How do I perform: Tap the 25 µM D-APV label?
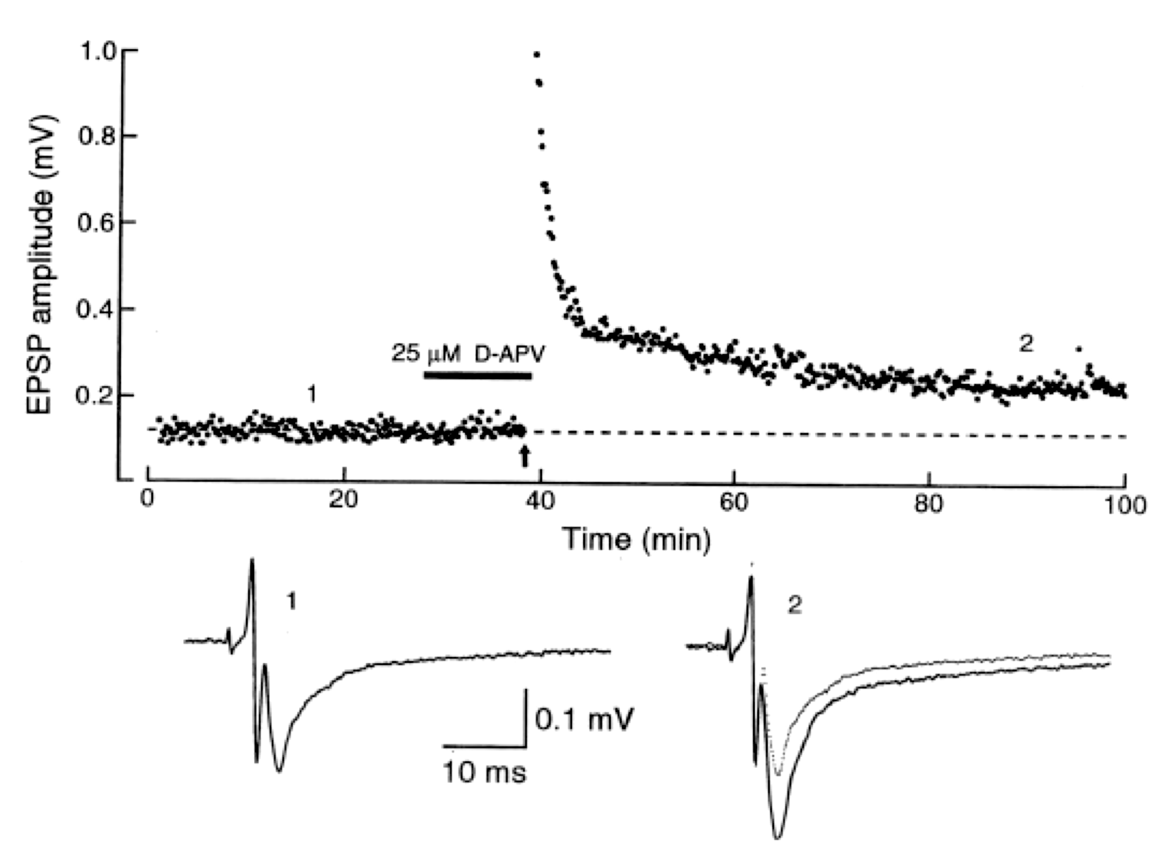(x=468, y=354)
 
